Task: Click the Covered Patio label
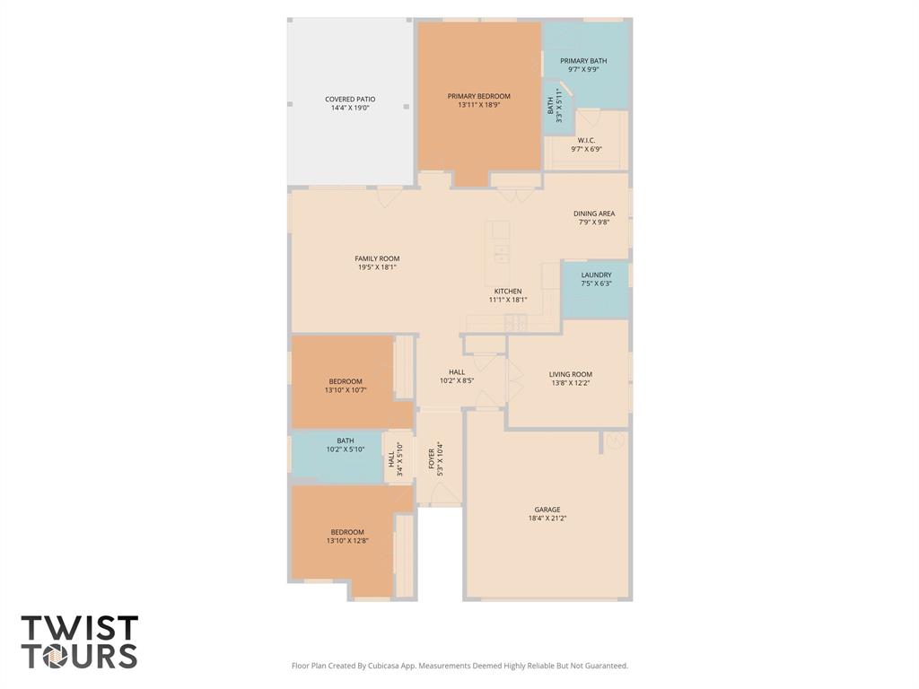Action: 350,99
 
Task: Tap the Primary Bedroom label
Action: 479,96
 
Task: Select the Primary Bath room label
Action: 583,60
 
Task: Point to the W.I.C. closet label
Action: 586,140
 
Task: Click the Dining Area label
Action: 594,214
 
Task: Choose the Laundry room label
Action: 596,275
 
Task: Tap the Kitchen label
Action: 508,292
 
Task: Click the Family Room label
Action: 377,258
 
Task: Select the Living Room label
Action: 570,374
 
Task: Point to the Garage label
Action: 547,510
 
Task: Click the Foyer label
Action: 432,458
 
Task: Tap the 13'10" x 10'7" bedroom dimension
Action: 346,389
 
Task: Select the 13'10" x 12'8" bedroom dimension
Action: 347,541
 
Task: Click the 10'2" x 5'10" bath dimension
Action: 346,449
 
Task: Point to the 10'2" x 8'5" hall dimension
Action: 457,380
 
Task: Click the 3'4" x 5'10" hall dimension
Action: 399,459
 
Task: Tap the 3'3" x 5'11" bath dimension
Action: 559,106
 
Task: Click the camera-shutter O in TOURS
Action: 52,656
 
